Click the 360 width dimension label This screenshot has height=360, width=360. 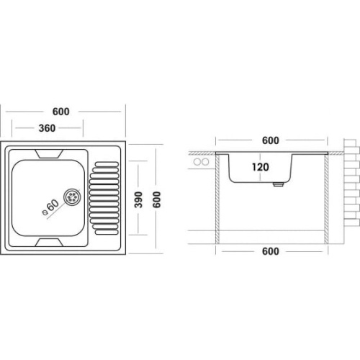point(47,128)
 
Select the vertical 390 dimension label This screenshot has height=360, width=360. point(138,199)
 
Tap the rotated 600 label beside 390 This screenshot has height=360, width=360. point(157,199)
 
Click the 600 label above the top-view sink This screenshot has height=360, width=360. point(61,112)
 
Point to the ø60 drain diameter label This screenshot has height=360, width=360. point(50,207)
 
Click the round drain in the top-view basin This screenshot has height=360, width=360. point(72,197)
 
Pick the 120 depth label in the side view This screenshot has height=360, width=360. point(261,167)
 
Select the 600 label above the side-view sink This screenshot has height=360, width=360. point(271,140)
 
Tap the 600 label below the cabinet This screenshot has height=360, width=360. point(271,251)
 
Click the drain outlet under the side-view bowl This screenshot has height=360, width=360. point(279,184)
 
